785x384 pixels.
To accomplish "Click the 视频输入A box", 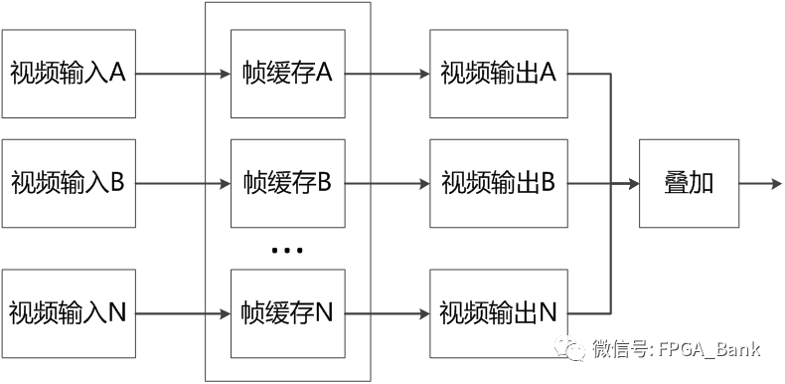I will [x=69, y=74].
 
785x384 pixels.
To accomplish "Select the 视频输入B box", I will [x=69, y=184].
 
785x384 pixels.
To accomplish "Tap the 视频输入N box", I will [x=69, y=313].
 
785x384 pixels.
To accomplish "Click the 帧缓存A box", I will [x=287, y=74].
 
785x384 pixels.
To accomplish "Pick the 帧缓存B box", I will [x=287, y=184].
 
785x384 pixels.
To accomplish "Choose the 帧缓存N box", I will [x=287, y=313].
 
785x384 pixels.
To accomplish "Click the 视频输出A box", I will [x=498, y=74].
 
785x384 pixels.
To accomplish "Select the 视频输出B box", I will [x=498, y=184].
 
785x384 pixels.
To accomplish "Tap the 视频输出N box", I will [x=498, y=313].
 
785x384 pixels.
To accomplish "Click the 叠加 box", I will [x=689, y=184].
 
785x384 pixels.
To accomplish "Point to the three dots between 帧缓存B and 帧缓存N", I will [x=286, y=251].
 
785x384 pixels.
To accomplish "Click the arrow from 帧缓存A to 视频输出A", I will [x=387, y=74].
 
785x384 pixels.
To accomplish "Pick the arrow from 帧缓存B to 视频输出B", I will [x=387, y=184].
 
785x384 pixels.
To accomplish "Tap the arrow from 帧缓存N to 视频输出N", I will [x=387, y=313].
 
